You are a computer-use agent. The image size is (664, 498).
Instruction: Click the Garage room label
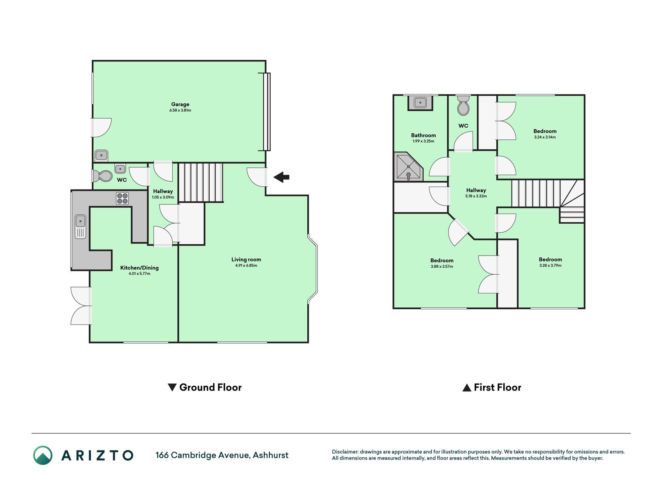coord(180,104)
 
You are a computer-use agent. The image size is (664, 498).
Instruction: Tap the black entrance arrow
coord(281,177)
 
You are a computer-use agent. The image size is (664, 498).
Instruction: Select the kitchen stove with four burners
coord(122,198)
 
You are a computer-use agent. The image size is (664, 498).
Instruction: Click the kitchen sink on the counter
coord(81,226)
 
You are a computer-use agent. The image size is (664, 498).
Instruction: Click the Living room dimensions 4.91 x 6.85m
coord(246,265)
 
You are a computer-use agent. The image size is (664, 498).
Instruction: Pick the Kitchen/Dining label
coord(139,268)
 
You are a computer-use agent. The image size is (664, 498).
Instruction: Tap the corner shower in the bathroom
coord(408,167)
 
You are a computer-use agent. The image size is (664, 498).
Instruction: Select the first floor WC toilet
coord(463,105)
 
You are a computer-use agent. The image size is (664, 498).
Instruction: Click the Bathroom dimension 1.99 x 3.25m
coord(424,141)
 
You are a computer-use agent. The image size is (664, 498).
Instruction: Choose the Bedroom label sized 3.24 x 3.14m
coord(545,131)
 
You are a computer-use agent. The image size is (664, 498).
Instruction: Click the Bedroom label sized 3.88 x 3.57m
coord(442,261)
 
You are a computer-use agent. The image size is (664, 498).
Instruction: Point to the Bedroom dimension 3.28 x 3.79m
coord(550,265)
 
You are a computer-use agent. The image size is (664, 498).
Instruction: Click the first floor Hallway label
coord(476,190)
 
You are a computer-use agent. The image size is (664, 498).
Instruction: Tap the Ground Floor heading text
coord(210,388)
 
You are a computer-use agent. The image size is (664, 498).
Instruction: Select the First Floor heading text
coord(498,388)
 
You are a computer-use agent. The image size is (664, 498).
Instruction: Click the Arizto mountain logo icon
coord(43,455)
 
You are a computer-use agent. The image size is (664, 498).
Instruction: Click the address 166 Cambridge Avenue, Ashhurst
coord(222,455)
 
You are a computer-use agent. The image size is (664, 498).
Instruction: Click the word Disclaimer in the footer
coord(345,452)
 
